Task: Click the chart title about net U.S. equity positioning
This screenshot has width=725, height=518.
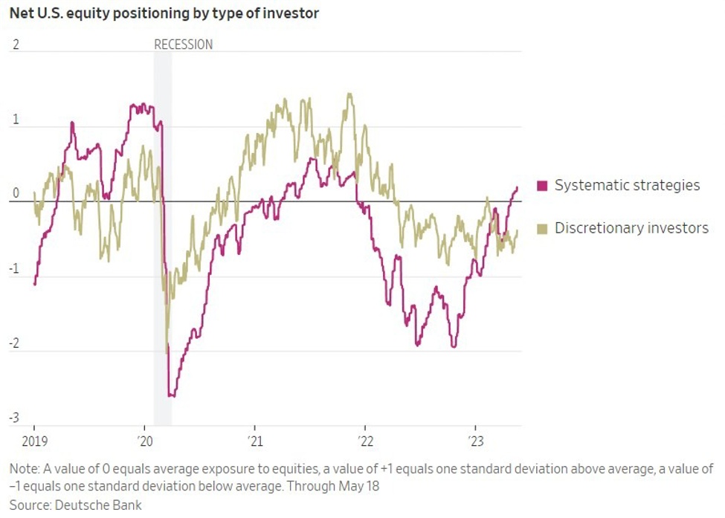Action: (164, 14)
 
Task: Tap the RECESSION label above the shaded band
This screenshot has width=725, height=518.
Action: (183, 45)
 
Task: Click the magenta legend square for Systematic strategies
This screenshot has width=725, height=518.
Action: (541, 186)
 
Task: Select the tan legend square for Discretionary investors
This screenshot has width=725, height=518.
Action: (541, 228)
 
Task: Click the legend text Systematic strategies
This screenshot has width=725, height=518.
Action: (627, 186)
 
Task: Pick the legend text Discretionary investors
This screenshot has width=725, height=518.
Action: (631, 228)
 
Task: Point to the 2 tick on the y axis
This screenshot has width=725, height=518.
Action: (15, 45)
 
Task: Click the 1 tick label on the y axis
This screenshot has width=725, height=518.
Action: (15, 120)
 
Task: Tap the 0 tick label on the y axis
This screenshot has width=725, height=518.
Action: (15, 195)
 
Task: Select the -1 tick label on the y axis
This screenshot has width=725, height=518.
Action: (13, 270)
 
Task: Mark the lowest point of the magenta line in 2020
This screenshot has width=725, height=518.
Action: (172, 395)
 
